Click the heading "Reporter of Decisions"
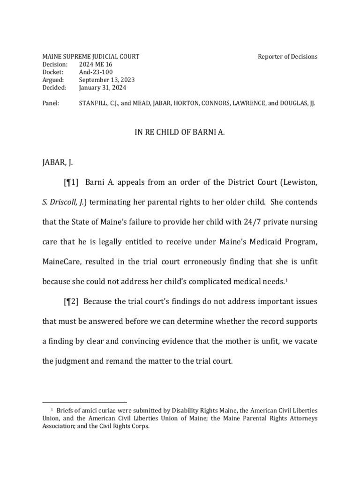(287, 57)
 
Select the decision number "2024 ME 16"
(96, 64)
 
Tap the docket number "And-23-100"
(96, 72)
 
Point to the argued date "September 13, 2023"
(107, 80)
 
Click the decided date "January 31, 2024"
(103, 87)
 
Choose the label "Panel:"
(51, 103)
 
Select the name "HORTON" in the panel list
(187, 103)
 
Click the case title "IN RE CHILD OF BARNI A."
(180, 133)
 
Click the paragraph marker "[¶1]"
(71, 182)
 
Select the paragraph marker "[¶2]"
(71, 301)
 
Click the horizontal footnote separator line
(85, 402)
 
